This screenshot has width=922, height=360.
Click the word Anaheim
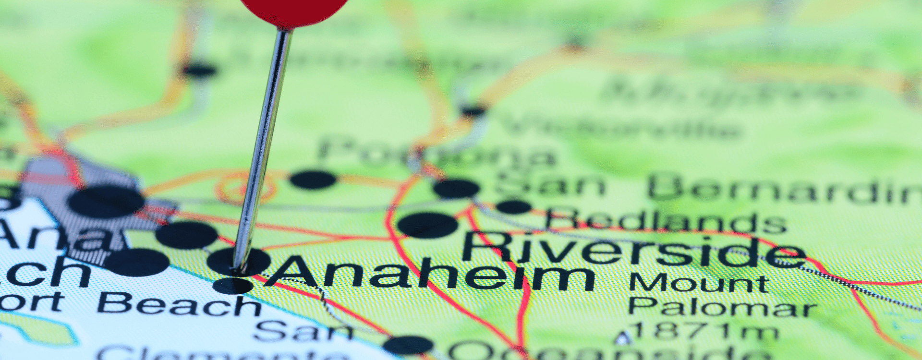[430, 275]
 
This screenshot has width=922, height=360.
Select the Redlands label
[666, 221]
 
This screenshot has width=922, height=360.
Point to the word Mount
[699, 283]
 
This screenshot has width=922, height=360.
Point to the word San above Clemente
[303, 331]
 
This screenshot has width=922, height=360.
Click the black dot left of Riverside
[427, 225]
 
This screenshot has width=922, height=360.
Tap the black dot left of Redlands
[513, 207]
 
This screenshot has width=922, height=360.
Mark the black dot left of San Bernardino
[456, 189]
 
